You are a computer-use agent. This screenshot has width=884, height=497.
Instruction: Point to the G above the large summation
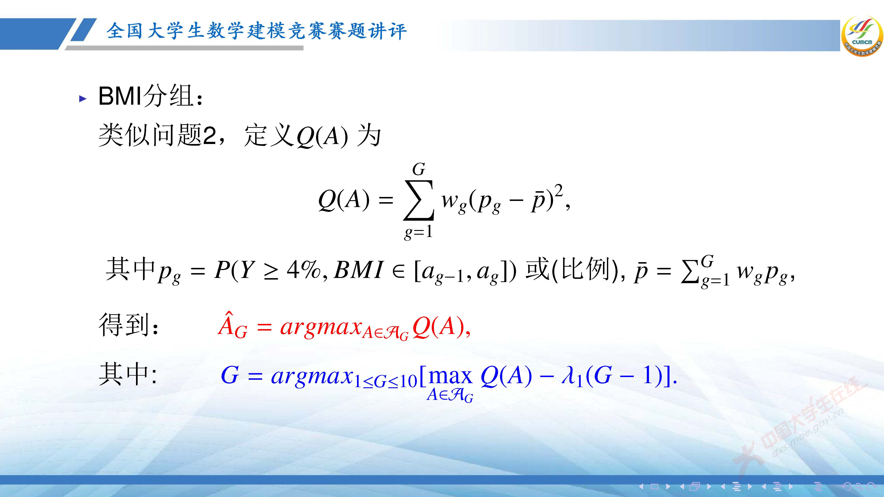tap(419, 169)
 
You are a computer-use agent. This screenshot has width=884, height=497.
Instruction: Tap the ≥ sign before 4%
tap(271, 271)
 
